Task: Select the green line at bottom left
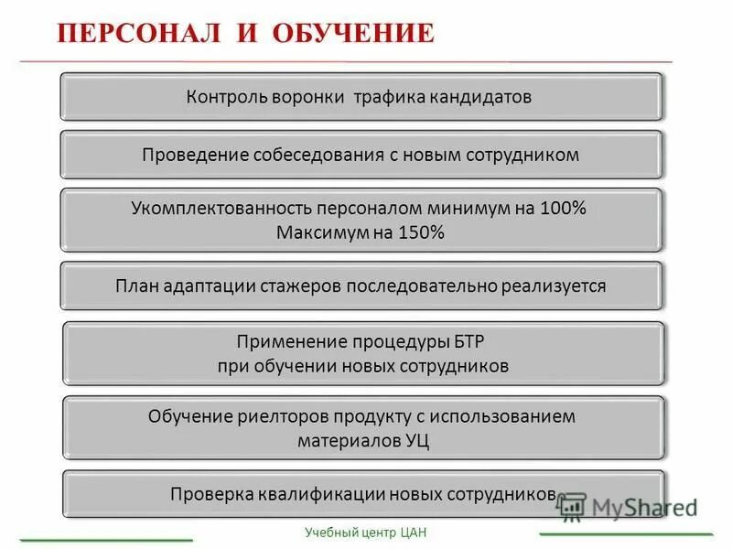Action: point(106,540)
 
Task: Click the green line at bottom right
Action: point(626,533)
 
